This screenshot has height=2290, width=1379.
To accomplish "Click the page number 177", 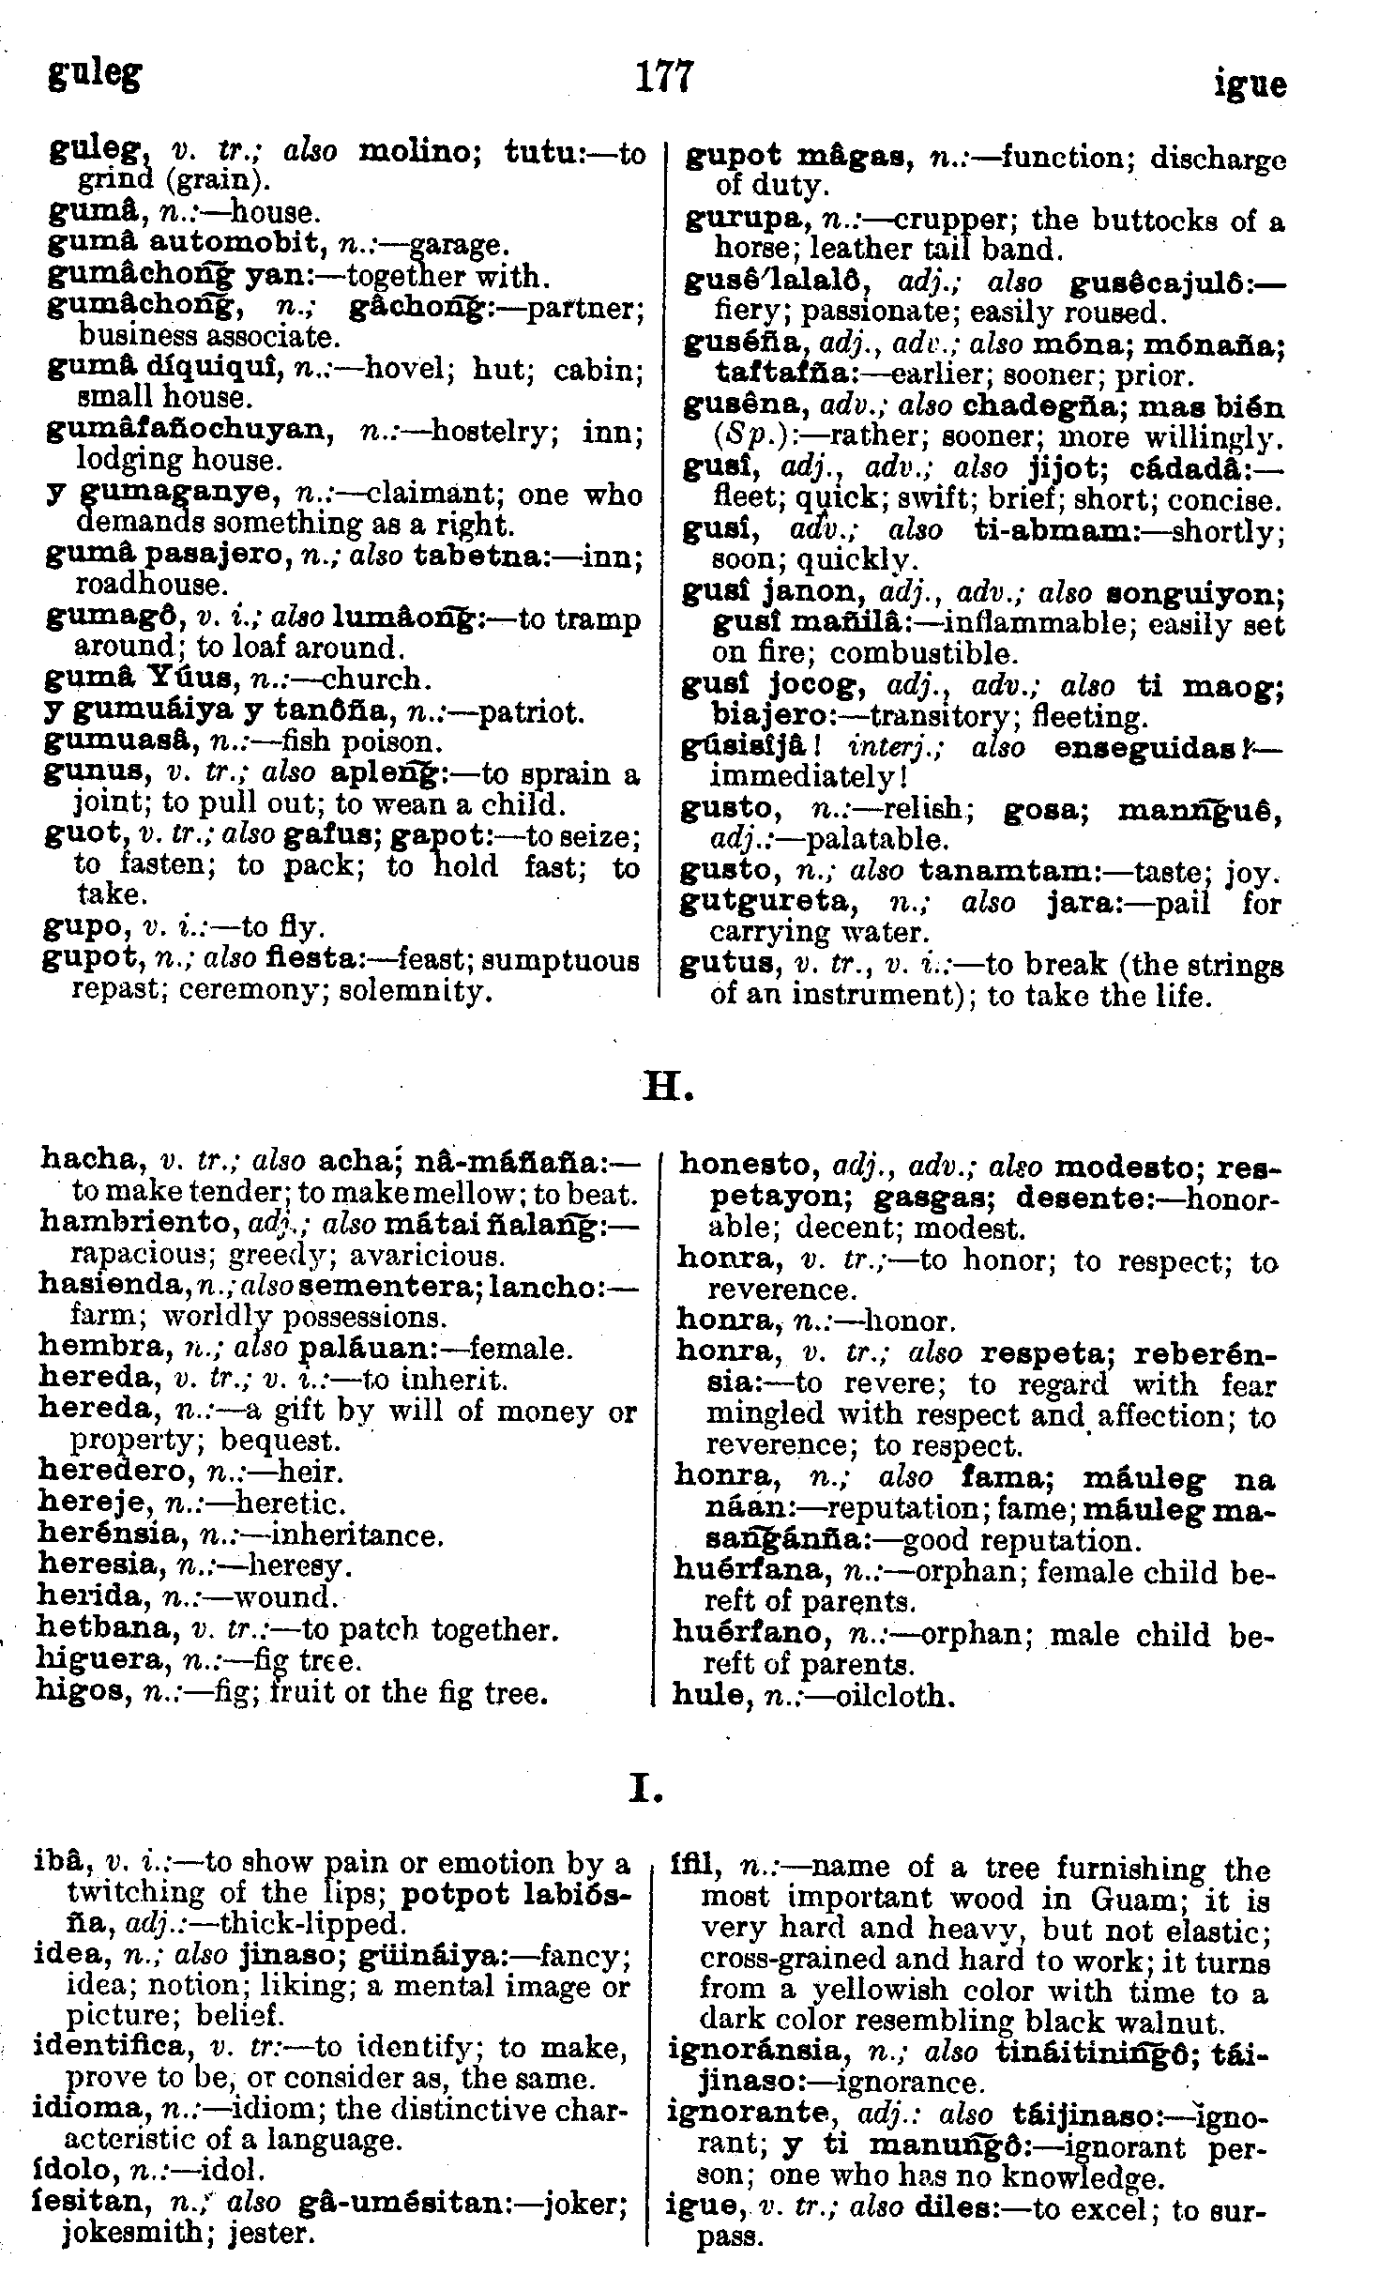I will coord(663,77).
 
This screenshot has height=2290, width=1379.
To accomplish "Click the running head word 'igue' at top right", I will coord(1250,84).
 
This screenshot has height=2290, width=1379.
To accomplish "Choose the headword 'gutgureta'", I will coord(778,903).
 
